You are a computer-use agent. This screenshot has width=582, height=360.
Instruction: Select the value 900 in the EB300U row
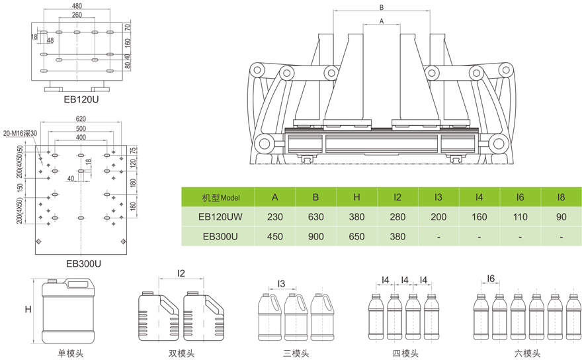click(x=315, y=236)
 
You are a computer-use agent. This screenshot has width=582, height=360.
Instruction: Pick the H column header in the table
click(x=356, y=197)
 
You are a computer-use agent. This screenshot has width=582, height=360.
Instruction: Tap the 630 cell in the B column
click(x=315, y=216)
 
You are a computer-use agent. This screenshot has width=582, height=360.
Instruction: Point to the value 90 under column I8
click(x=561, y=216)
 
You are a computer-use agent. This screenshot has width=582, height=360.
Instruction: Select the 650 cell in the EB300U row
click(x=356, y=236)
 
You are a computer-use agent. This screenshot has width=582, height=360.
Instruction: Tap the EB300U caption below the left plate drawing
click(x=83, y=263)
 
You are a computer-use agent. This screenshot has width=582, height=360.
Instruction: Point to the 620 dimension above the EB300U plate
click(x=80, y=119)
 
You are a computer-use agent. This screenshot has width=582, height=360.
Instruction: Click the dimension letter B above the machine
click(x=382, y=7)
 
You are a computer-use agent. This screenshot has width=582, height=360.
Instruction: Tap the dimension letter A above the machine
click(x=382, y=21)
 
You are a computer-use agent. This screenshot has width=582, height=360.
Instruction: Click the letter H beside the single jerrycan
click(x=28, y=309)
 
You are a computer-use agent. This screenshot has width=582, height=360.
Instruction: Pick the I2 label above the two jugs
click(x=181, y=272)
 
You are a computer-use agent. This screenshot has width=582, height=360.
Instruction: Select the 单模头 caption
click(x=71, y=353)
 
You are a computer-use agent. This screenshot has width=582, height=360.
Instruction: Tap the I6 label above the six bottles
click(x=491, y=279)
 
